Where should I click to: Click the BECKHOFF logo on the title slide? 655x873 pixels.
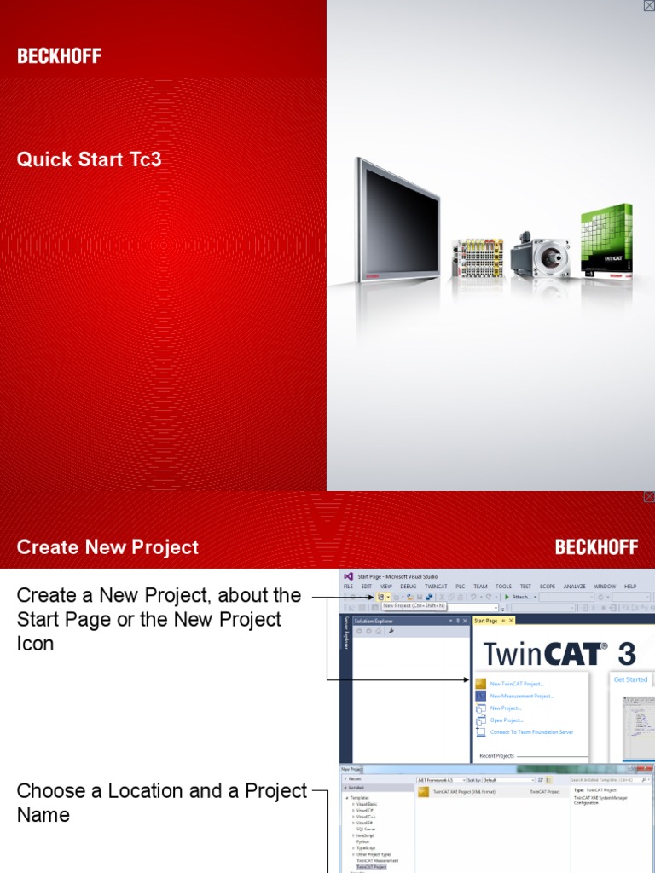pyautogui.click(x=59, y=56)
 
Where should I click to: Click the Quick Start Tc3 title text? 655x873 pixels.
pyautogui.click(x=89, y=159)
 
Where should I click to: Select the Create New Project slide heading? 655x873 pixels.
pyautogui.click(x=107, y=547)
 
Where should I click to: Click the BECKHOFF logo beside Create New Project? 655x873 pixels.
pyautogui.click(x=596, y=547)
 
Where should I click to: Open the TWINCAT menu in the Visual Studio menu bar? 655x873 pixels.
pyautogui.click(x=436, y=587)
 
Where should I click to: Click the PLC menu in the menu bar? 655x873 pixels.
pyautogui.click(x=460, y=587)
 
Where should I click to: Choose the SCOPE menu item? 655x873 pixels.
pyautogui.click(x=548, y=587)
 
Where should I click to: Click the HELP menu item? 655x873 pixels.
pyautogui.click(x=630, y=587)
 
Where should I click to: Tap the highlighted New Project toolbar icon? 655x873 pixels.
pyautogui.click(x=380, y=598)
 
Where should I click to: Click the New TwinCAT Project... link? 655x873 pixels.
pyautogui.click(x=517, y=684)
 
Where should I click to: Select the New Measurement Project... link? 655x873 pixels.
pyautogui.click(x=522, y=696)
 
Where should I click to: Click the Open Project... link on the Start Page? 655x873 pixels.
pyautogui.click(x=507, y=720)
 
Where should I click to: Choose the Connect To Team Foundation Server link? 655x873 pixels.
pyautogui.click(x=531, y=732)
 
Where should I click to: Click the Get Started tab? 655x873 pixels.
pyautogui.click(x=631, y=679)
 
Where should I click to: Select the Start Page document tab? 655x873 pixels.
pyautogui.click(x=486, y=621)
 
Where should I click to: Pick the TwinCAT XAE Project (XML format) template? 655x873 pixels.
pyautogui.click(x=464, y=792)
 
